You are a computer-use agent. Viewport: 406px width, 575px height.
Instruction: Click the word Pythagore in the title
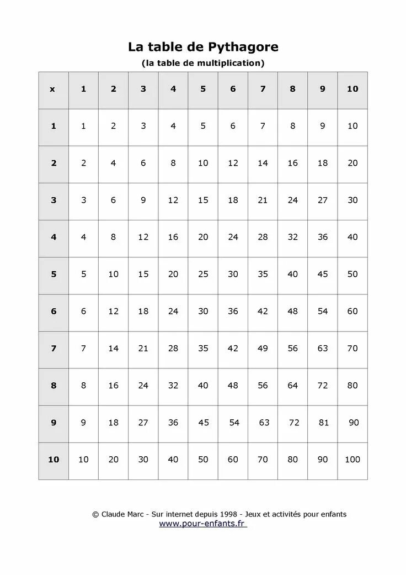click(x=243, y=48)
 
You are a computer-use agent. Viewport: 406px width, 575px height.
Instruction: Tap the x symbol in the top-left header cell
click(x=53, y=89)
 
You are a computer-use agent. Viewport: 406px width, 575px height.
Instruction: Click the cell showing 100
click(x=352, y=460)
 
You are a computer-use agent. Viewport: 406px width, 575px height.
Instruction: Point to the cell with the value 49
click(x=263, y=349)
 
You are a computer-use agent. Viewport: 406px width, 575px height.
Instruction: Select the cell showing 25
click(x=203, y=274)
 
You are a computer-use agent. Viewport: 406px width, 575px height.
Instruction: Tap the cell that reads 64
click(x=293, y=386)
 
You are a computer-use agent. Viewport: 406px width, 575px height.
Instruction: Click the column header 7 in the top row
click(x=263, y=89)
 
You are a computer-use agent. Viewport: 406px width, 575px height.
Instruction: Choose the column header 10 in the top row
click(x=352, y=89)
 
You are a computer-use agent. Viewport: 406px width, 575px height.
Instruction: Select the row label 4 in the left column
click(x=54, y=237)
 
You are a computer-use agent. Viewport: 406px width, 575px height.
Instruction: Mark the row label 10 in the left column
click(x=54, y=460)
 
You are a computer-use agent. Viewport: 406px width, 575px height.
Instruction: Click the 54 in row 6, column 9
click(x=323, y=312)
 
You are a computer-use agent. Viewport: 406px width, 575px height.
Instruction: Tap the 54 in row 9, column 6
click(x=234, y=423)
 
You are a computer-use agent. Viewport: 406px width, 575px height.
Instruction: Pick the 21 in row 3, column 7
click(x=263, y=200)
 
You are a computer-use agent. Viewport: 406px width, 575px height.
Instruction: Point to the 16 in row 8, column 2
click(x=114, y=386)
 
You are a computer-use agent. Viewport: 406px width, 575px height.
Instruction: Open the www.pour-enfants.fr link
click(x=202, y=524)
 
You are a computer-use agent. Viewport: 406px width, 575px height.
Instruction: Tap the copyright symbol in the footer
click(x=95, y=514)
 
